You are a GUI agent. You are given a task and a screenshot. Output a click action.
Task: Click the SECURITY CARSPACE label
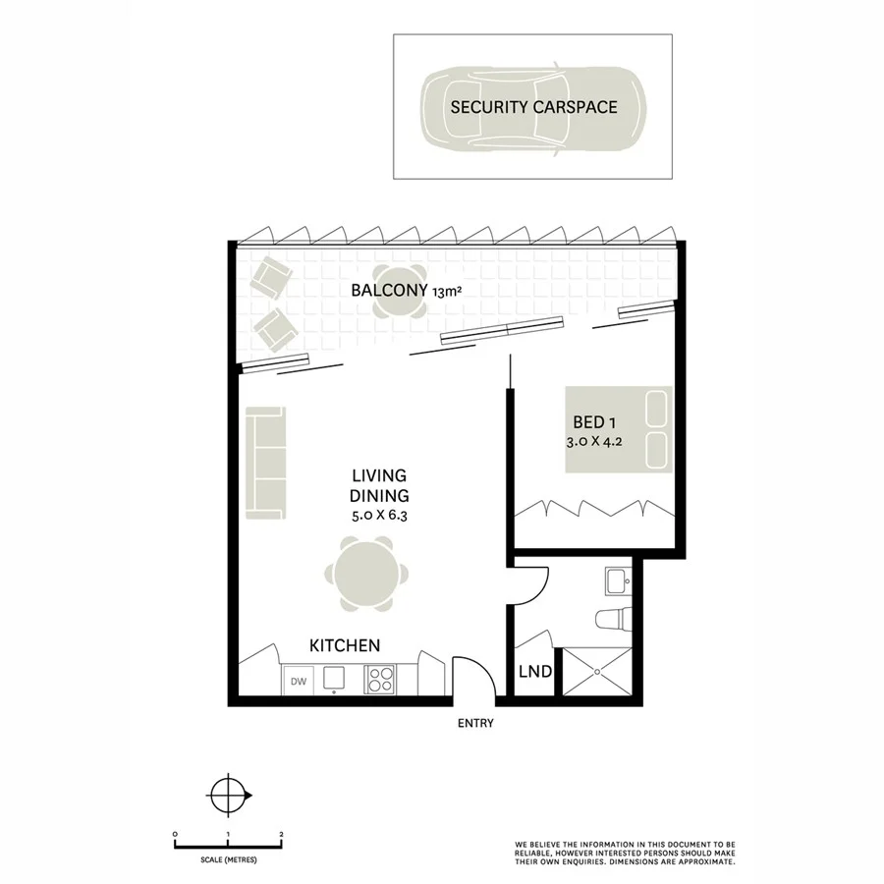coord(533,106)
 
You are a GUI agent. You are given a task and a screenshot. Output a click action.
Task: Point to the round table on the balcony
coord(399,292)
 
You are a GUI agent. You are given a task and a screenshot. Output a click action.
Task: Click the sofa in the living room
coord(265,464)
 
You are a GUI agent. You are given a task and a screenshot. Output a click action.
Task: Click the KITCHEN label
coord(345,645)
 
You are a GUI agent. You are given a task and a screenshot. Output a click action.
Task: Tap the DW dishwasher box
coord(297,680)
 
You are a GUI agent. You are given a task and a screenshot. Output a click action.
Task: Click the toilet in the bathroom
coord(612,621)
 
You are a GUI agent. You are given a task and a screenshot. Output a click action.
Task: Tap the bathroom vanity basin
coord(618,580)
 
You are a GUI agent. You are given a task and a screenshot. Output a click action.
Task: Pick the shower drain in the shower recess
coord(595,673)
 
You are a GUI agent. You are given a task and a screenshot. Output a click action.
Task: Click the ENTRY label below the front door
coord(474,724)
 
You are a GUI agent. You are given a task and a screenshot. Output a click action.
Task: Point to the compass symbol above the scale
coord(228,792)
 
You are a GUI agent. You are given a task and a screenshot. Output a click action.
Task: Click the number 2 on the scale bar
coord(282,833)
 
